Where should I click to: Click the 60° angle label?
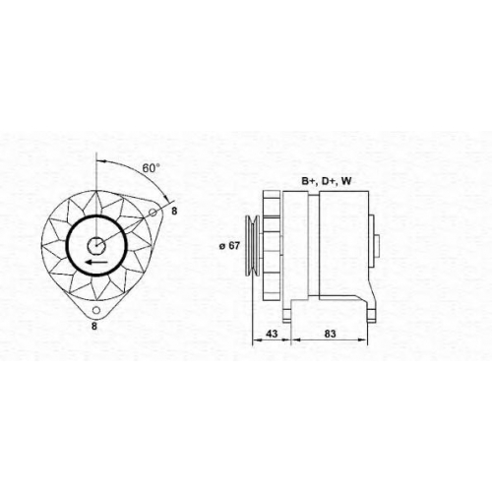tap(151, 168)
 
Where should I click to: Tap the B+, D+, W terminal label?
tap(327, 181)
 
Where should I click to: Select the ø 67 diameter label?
tap(229, 246)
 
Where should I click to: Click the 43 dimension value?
tap(272, 334)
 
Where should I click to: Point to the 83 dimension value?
tap(330, 334)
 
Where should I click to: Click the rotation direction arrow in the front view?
tap(96, 262)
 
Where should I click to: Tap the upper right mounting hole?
tap(153, 213)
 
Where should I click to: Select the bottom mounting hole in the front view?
tap(96, 310)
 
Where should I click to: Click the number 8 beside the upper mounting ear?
tap(174, 211)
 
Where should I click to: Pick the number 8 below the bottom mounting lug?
tap(94, 326)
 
